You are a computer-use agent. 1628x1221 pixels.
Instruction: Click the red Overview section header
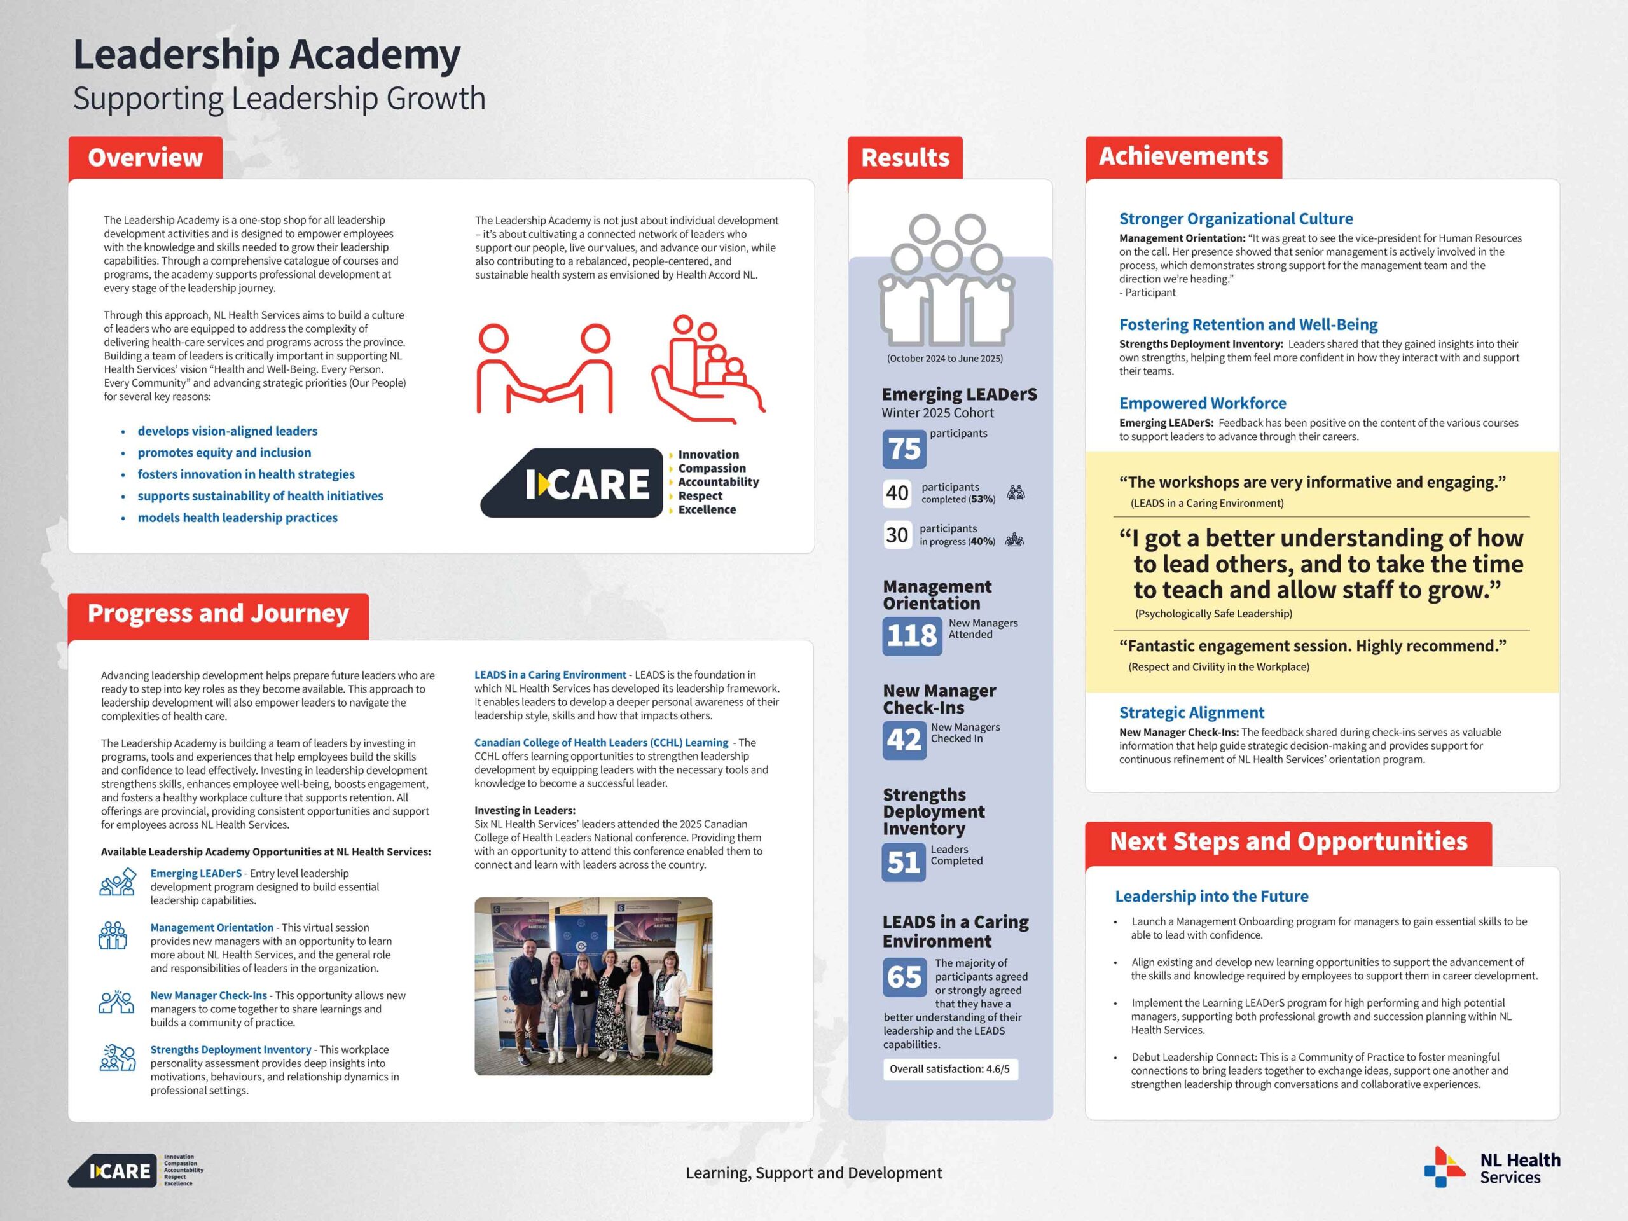pyautogui.click(x=145, y=158)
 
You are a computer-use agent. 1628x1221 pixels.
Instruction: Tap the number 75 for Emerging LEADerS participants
pyautogui.click(x=904, y=449)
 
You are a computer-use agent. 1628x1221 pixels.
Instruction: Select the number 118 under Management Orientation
pyautogui.click(x=911, y=636)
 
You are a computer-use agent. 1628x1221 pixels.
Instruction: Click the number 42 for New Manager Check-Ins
pyautogui.click(x=903, y=740)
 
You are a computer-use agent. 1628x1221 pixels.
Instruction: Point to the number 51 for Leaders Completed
pyautogui.click(x=903, y=862)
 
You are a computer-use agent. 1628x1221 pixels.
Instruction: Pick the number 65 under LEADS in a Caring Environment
pyautogui.click(x=904, y=977)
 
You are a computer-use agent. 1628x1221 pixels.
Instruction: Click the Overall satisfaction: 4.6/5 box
pyautogui.click(x=949, y=1068)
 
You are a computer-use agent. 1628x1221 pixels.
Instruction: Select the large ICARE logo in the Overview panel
pyautogui.click(x=572, y=483)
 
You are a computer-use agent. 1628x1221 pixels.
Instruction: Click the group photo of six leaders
pyautogui.click(x=593, y=986)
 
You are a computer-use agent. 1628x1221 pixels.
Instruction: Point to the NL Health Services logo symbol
pyautogui.click(x=1444, y=1168)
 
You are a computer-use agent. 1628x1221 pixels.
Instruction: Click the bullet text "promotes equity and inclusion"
pyautogui.click(x=224, y=453)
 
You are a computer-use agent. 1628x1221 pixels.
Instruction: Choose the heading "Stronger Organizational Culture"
pyautogui.click(x=1236, y=219)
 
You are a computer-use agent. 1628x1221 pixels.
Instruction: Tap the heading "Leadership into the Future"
pyautogui.click(x=1211, y=897)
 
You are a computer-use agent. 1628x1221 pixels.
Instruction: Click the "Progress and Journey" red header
pyautogui.click(x=218, y=614)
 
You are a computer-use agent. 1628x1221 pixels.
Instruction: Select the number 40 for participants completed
pyautogui.click(x=897, y=493)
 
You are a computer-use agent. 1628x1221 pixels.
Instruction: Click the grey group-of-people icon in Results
pyautogui.click(x=946, y=280)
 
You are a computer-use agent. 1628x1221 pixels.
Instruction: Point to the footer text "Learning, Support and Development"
pyautogui.click(x=813, y=1173)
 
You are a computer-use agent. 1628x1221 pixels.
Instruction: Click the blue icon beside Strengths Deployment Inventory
pyautogui.click(x=117, y=1058)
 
